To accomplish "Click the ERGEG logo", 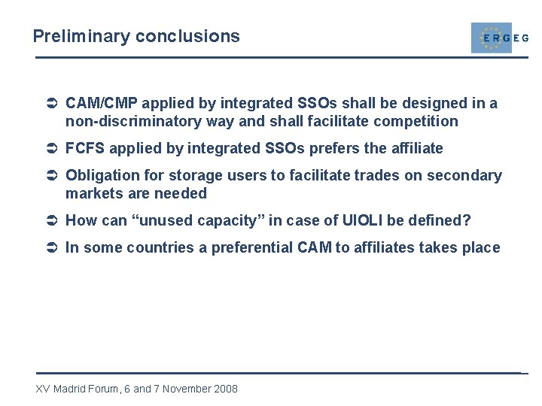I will pyautogui.click(x=498, y=38).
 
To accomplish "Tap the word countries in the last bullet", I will pyautogui.click(x=158, y=247).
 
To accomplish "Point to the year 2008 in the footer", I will pyautogui.click(x=225, y=389).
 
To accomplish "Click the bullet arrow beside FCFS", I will pyautogui.click(x=52, y=149).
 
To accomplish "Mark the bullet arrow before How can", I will pyautogui.click(x=52, y=221).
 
